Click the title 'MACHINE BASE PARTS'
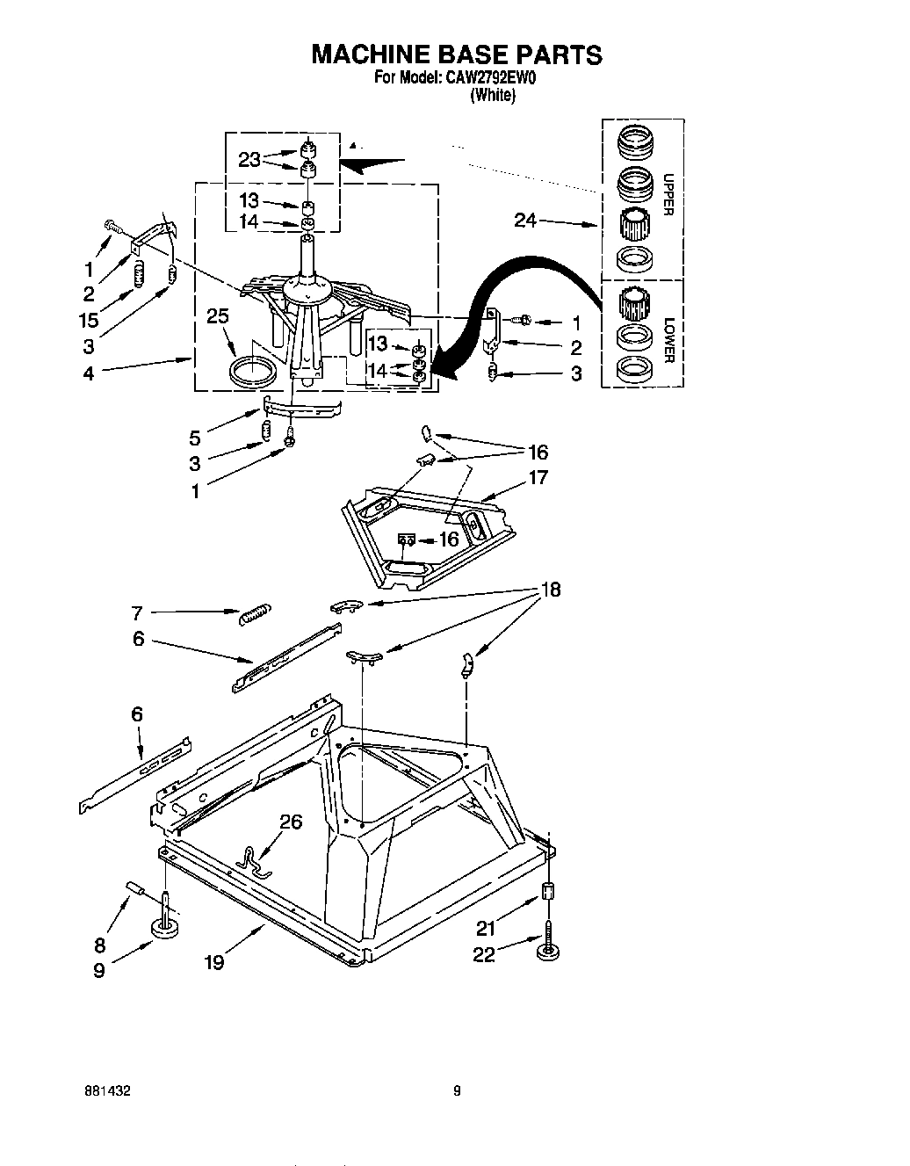457,54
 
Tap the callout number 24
526,221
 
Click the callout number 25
218,315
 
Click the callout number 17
538,477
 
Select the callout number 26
291,822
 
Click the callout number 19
213,962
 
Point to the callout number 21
485,927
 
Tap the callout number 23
249,160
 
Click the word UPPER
668,195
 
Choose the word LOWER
668,341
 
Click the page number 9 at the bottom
457,1091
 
